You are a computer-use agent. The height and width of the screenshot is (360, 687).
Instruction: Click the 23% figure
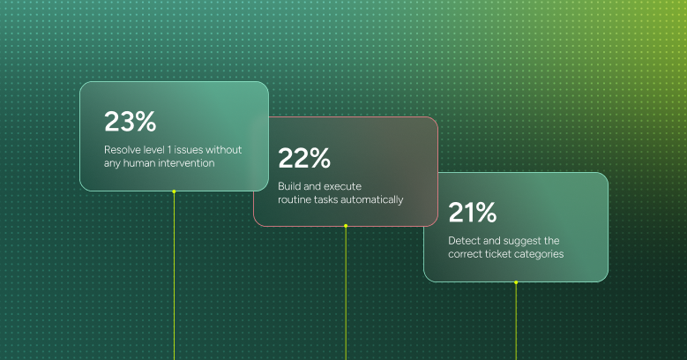pos(130,122)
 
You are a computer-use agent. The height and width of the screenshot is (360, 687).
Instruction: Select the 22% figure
pos(304,159)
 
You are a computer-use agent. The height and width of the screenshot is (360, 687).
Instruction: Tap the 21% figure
pos(473,213)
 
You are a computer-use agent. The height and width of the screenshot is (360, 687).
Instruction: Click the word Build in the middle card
pos(290,186)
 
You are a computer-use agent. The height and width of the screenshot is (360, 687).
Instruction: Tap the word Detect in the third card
pos(465,240)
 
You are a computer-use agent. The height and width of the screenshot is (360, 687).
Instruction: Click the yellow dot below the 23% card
pos(174,191)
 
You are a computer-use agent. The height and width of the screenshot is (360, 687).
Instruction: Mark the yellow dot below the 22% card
pos(346,226)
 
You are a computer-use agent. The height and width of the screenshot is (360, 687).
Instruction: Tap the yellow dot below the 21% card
pos(516,282)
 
